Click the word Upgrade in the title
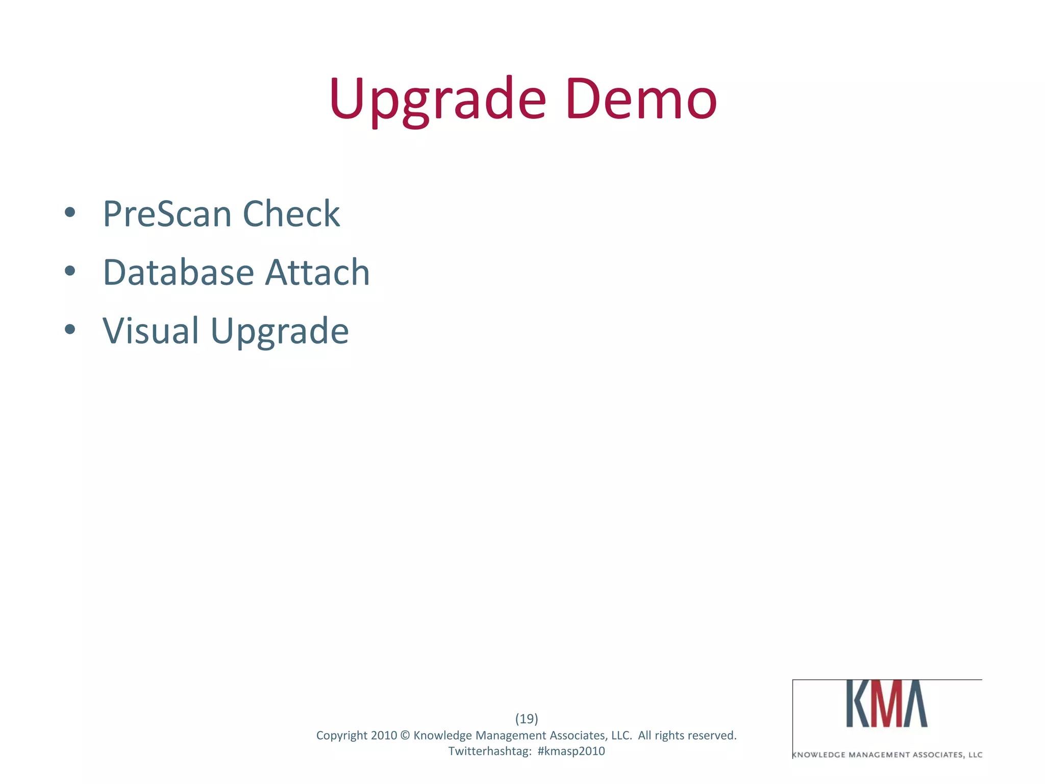(x=438, y=100)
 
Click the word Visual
(x=151, y=331)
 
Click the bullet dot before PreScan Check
(x=70, y=212)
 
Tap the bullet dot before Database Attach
(x=70, y=271)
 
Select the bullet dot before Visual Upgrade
(x=70, y=330)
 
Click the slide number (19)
(x=527, y=719)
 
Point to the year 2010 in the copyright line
(x=384, y=736)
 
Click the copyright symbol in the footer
(x=405, y=736)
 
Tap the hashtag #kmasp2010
(x=571, y=751)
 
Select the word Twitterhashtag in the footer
(x=490, y=751)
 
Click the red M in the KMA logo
(x=886, y=703)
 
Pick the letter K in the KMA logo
(x=857, y=703)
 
